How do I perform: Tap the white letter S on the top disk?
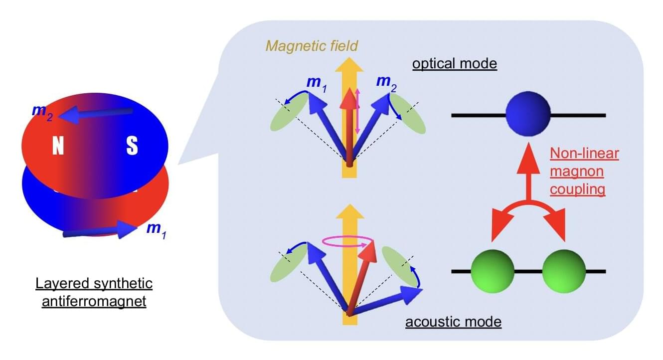coord(132,146)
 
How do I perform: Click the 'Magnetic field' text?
coord(312,46)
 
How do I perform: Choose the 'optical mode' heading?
coord(454,65)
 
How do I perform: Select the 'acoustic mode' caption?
coord(453,322)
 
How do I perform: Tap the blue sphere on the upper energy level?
coord(528,115)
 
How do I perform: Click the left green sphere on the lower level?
coord(493,271)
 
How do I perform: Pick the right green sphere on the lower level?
coord(563,271)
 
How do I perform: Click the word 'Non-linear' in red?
coord(584,154)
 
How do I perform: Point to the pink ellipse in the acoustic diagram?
coord(348,242)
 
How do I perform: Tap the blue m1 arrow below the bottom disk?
coord(100,232)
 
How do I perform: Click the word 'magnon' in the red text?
coord(577,172)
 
